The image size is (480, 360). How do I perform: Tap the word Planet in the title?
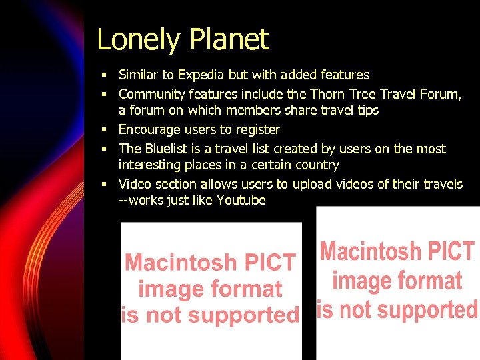point(229,40)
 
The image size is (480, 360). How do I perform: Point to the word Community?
point(151,95)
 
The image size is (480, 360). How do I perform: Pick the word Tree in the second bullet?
point(364,95)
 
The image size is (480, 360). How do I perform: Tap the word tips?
point(367,111)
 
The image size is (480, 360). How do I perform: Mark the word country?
point(316,165)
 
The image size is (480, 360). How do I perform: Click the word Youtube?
point(241,200)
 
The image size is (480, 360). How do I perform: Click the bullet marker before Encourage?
point(105,129)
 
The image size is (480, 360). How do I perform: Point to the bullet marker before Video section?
point(105,184)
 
